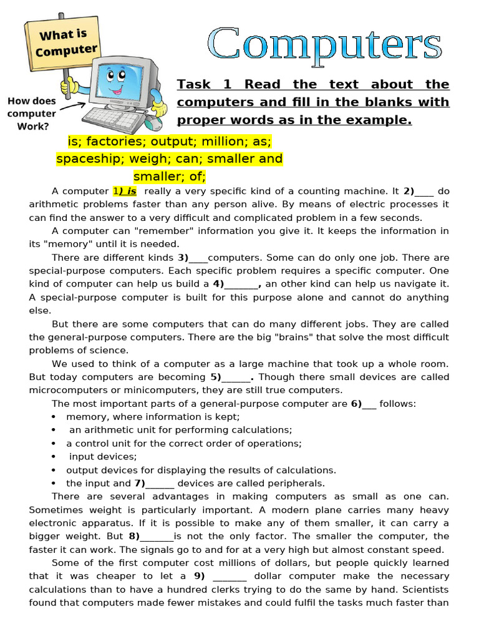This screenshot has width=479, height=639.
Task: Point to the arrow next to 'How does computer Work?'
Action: [72, 108]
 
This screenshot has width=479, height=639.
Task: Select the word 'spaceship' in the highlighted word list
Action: [85, 159]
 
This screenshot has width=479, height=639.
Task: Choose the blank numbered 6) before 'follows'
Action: [369, 404]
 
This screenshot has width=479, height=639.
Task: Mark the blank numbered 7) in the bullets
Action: [160, 483]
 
